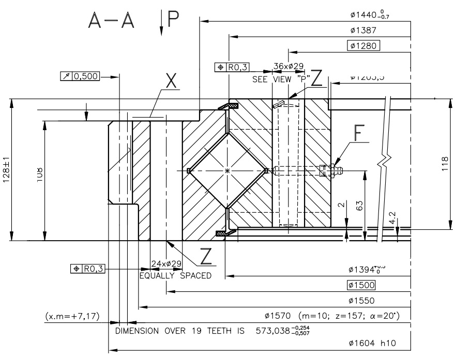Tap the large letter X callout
click(171, 80)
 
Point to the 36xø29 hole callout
click(288, 66)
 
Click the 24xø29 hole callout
click(166, 263)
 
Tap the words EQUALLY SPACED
click(175, 275)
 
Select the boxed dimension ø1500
click(362, 285)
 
